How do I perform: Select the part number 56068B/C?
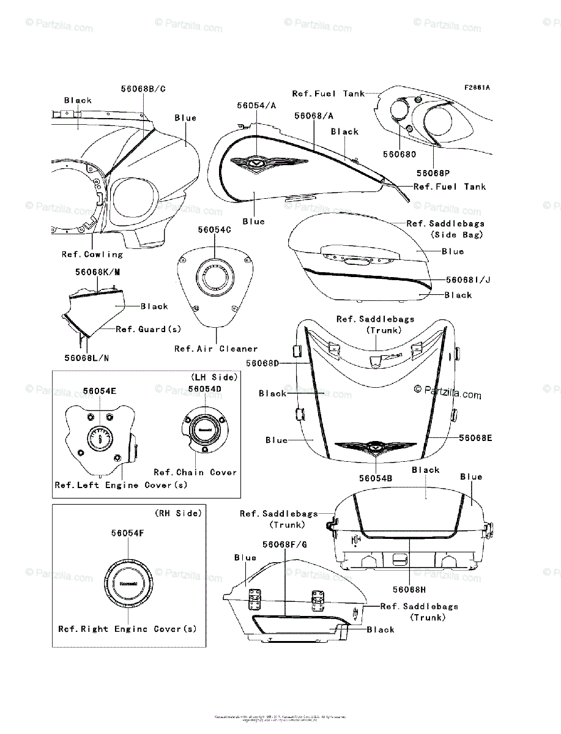point(143,89)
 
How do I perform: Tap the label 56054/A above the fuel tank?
point(256,105)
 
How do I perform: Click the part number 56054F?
point(128,533)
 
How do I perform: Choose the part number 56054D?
point(205,389)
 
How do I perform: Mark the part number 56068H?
point(410,590)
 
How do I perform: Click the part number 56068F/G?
point(285,544)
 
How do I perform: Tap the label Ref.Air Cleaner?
point(216,349)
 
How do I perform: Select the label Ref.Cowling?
point(92,254)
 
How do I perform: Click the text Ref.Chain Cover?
point(195,472)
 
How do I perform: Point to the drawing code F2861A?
point(477,87)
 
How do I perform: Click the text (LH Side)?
point(214,377)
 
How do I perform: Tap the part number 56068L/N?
point(87,358)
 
